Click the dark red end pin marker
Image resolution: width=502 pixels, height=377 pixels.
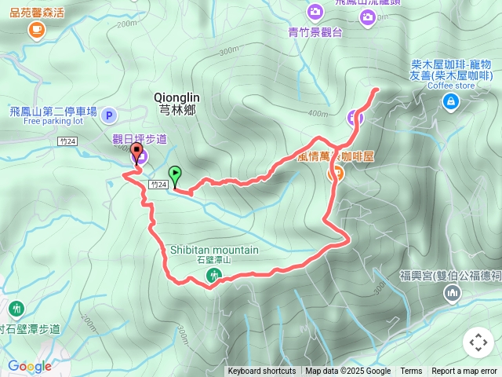136,152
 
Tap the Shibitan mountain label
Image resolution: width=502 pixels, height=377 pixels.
214,250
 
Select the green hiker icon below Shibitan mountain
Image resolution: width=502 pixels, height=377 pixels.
213,276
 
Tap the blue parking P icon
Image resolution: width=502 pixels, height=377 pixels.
109,115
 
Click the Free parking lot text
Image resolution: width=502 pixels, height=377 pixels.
53,122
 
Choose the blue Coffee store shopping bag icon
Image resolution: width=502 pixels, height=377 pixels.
450,101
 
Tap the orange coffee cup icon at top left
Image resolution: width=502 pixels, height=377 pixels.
36,30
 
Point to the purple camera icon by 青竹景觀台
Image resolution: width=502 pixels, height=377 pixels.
315,13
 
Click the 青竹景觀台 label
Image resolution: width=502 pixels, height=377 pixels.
315,32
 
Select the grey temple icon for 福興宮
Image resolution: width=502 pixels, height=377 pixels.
452,294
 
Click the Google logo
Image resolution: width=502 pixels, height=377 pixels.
30,366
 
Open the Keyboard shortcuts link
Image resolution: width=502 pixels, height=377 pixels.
262,372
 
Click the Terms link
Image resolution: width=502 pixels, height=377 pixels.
411,372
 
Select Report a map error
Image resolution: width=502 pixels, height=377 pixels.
464,372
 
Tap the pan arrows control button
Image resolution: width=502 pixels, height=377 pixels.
478,342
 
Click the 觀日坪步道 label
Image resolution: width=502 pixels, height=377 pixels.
140,139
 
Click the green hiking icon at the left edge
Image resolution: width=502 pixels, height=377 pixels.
16,309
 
